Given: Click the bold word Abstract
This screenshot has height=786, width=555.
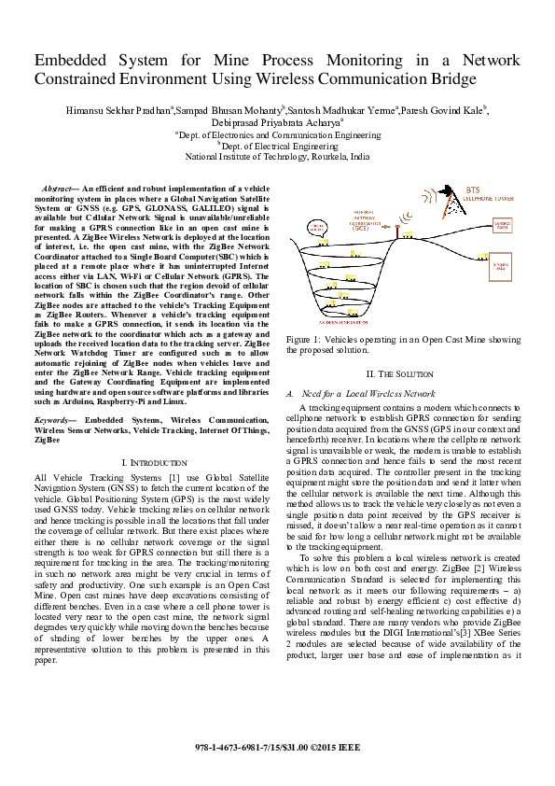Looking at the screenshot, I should pos(74,189).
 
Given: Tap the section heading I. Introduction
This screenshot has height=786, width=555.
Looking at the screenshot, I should pos(156,463).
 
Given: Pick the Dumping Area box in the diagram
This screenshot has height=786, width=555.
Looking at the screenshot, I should pos(501,267).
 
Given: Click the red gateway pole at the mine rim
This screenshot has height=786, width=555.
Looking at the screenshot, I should pos(395,232).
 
